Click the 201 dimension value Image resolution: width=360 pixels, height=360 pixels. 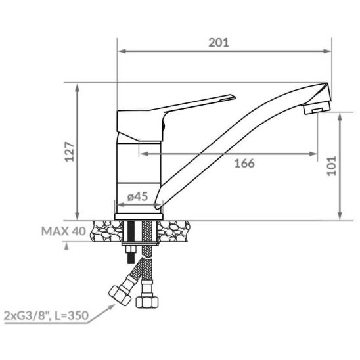coord(219,43)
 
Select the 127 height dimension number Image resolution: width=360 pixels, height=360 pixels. coord(70,152)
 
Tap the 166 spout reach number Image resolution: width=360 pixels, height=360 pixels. coord(244,163)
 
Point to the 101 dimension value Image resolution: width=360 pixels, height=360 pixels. coord(332,166)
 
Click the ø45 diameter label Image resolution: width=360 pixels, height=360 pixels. coord(137,197)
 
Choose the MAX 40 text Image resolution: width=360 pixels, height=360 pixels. coord(64,231)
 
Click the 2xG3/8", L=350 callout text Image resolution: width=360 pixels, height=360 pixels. coord(46,315)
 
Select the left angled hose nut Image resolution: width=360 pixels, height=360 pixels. coord(120,296)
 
